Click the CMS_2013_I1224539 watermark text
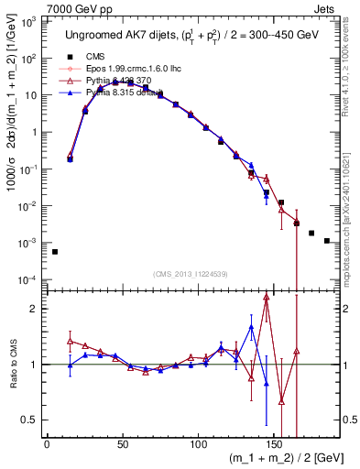pyautogui.click(x=190, y=273)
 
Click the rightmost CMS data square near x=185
pyautogui.click(x=327, y=241)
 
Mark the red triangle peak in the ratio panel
pyautogui.click(x=266, y=297)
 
